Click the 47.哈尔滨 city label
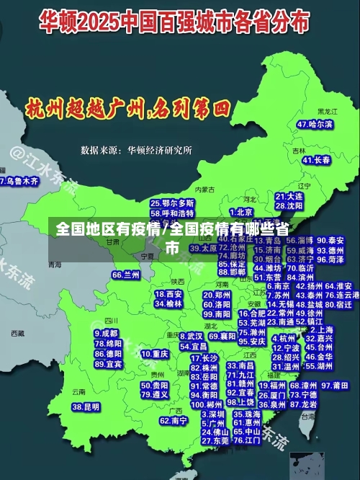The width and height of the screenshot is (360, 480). [316, 125]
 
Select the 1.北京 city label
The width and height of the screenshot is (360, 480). [241, 212]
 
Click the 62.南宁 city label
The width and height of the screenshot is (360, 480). [174, 420]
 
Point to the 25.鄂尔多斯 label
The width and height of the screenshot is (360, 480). [172, 203]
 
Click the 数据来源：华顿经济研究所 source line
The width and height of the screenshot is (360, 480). [136, 151]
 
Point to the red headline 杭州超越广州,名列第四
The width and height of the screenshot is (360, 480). [127, 110]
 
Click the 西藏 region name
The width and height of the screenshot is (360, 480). [17, 334]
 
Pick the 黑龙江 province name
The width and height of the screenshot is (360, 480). [328, 112]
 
